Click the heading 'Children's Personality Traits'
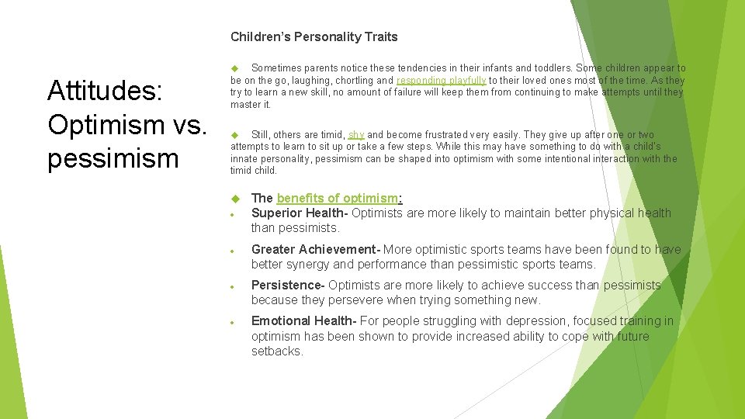314,36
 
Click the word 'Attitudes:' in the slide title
104,91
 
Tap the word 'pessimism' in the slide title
113,158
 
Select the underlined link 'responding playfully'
441,81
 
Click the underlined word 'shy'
356,135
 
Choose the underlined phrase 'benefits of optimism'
337,198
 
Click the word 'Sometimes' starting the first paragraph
274,68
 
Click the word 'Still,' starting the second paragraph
265,135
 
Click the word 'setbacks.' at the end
277,351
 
